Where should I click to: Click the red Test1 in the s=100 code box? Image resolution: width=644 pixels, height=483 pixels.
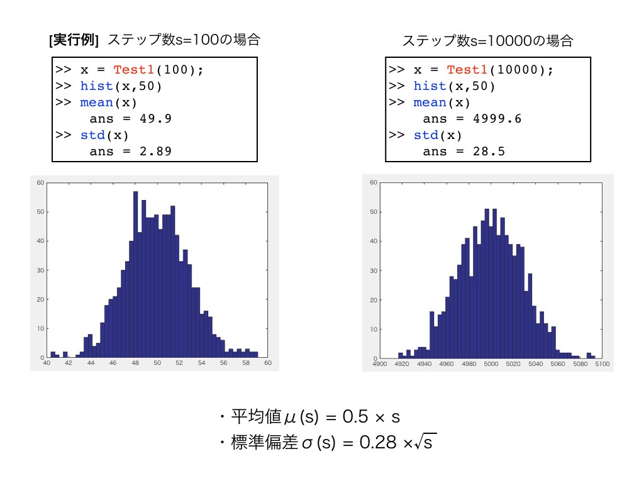point(133,70)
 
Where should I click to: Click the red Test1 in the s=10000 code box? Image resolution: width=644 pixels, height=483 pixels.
point(467,70)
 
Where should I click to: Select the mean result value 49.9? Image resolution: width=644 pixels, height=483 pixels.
point(156,119)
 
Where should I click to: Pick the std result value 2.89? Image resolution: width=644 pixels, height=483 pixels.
point(156,152)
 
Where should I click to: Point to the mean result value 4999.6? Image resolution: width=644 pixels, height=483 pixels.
point(497,119)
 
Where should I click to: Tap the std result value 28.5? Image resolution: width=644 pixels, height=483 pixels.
point(489,152)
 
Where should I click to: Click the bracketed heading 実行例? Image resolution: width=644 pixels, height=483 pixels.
point(74,40)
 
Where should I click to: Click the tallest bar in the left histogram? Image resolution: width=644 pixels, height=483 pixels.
point(135,274)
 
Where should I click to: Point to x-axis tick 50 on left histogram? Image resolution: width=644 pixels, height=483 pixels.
point(157,363)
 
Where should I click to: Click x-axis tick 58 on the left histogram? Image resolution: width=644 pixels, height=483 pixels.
point(246,363)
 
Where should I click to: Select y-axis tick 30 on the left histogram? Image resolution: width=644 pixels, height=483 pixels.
point(40,270)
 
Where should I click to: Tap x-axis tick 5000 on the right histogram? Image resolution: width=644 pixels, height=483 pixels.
point(491,364)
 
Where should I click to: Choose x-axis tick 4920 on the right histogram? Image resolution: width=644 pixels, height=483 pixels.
point(402,364)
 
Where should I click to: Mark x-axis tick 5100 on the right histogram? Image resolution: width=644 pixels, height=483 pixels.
point(602,364)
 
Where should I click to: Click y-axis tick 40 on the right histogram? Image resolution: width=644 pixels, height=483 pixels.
point(374,241)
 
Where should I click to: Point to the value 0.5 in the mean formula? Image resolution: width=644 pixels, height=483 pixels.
point(355,416)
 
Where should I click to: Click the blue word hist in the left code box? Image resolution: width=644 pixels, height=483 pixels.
point(96,86)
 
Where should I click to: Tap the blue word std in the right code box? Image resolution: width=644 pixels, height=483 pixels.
point(426,135)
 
